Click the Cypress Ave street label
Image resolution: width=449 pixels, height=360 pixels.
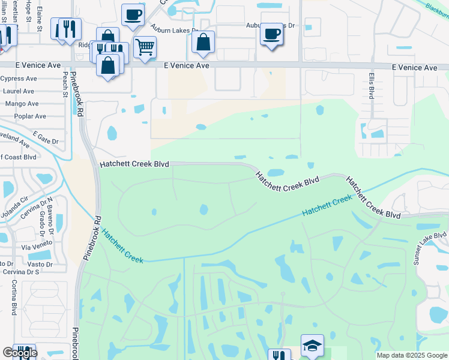tap(20, 79)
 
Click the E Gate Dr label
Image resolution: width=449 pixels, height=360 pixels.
tap(46, 137)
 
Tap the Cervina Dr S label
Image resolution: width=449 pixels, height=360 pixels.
tap(20, 272)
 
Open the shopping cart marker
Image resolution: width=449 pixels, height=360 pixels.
tap(145, 47)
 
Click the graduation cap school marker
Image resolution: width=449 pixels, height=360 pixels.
tap(312, 346)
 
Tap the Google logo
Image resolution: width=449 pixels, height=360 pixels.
tap(20, 353)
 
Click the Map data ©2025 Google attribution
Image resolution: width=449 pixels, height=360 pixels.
tap(412, 355)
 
